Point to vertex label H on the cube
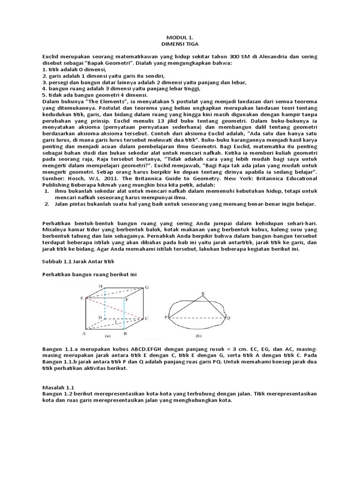click(100, 286)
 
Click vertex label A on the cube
click(83, 334)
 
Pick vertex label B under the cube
click(124, 334)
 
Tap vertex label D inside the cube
click(99, 318)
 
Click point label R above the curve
click(202, 294)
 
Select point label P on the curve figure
click(166, 317)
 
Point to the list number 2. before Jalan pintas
click(46, 204)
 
